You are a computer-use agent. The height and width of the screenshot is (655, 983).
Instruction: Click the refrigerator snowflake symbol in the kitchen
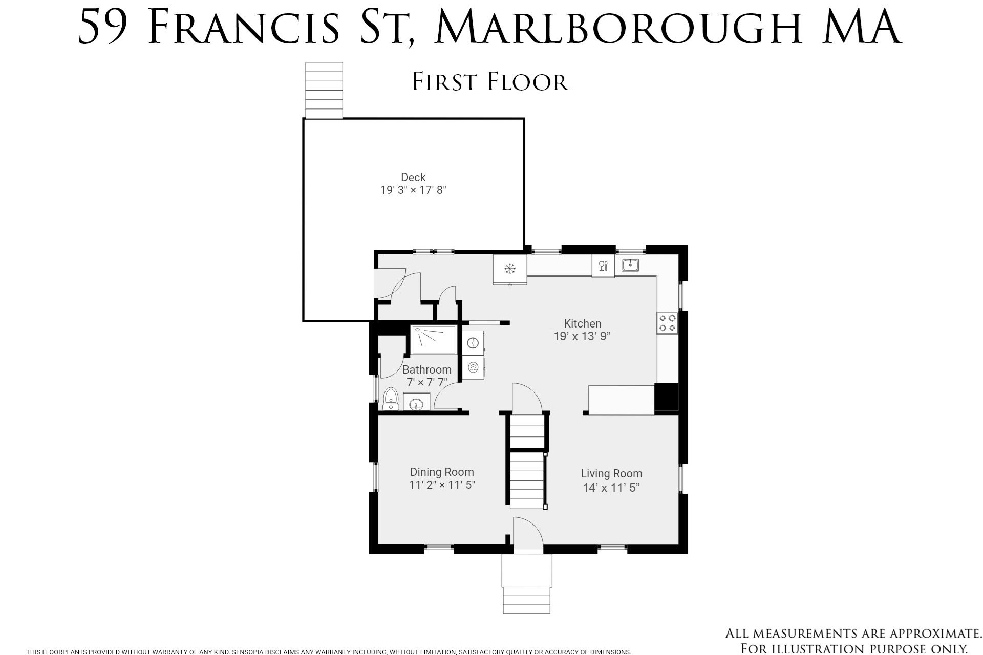point(509,268)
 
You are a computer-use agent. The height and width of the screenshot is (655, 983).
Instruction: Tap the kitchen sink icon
point(630,265)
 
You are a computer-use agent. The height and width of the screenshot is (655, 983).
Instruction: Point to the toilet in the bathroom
point(391,398)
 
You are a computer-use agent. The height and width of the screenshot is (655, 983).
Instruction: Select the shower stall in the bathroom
point(434,339)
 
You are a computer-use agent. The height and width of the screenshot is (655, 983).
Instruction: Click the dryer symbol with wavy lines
point(473,367)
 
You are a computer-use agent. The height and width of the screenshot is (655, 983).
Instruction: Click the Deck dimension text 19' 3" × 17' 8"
point(413,190)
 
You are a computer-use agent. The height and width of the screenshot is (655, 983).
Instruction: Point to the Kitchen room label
point(582,323)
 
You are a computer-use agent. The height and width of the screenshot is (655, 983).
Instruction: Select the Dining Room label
point(442,472)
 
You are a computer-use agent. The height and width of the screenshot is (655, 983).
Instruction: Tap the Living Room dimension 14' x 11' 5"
point(611,488)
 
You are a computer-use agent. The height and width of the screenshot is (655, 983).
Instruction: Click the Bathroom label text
point(426,369)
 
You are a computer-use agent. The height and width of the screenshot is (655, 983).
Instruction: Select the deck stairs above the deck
point(324,90)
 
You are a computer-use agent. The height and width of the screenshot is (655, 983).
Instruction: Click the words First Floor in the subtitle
point(490,82)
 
